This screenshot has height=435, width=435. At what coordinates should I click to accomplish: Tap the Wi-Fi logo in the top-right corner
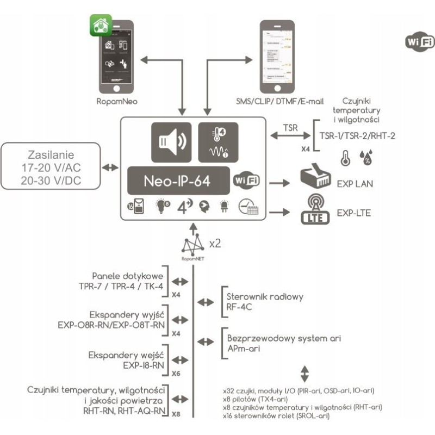[420, 42]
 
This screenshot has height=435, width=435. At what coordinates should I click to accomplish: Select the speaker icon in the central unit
[171, 142]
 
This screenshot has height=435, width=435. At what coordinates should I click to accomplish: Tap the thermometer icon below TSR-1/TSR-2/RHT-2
[344, 158]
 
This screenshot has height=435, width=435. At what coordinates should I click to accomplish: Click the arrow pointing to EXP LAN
[281, 184]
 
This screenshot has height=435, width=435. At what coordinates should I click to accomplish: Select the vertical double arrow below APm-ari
[304, 374]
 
